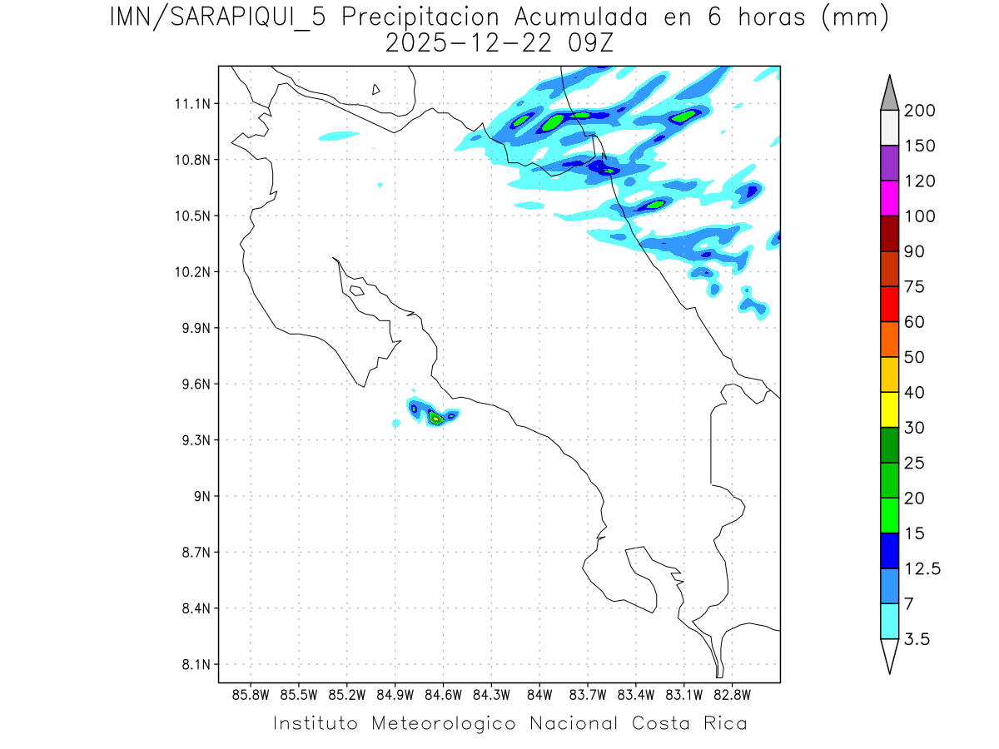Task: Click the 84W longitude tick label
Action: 539,694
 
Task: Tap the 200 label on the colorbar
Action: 919,111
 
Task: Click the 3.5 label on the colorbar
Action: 917,639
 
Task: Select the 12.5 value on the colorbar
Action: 922,568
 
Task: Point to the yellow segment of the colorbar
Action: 889,409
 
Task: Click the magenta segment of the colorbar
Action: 889,199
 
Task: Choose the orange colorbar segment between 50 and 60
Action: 889,340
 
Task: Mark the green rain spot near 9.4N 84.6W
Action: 435,418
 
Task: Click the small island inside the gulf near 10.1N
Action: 356,290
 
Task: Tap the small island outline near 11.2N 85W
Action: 376,89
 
